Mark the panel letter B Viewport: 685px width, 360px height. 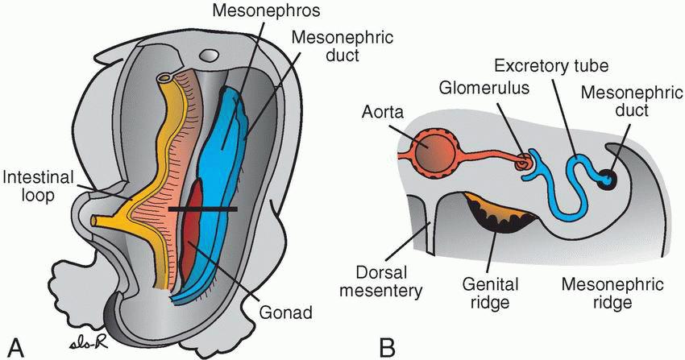(x=387, y=347)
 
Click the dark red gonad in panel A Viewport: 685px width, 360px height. (x=188, y=242)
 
